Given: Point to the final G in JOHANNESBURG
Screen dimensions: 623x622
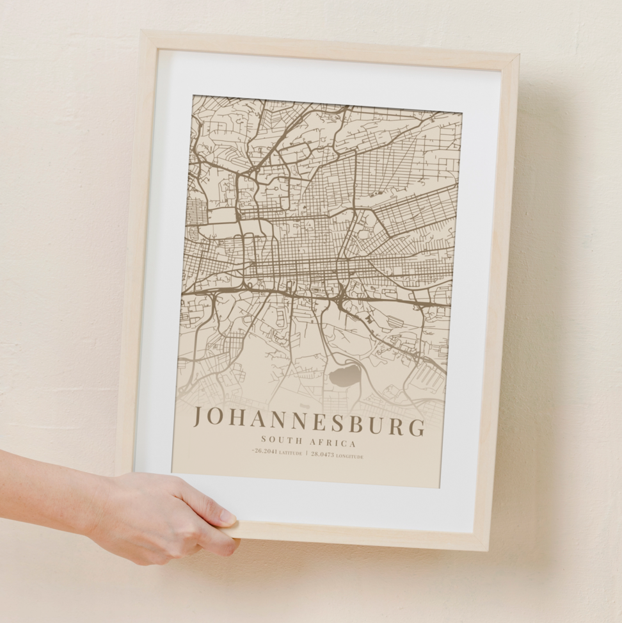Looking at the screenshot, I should click(x=417, y=427).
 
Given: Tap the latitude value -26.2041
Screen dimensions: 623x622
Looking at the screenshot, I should click(x=265, y=451).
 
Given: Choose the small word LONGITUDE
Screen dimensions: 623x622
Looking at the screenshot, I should click(x=349, y=457).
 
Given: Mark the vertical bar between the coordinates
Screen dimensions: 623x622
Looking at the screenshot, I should click(x=307, y=453).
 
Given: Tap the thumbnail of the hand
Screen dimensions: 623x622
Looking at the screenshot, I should click(x=227, y=515).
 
